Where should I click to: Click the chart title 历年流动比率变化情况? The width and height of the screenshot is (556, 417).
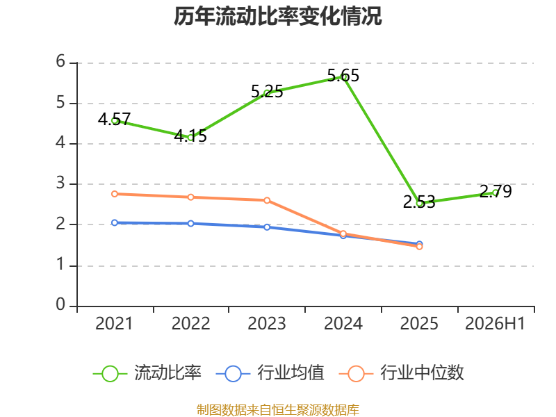[277, 16]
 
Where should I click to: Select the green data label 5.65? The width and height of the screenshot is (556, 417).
[343, 76]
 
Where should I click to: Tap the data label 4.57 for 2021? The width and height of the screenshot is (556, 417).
[114, 119]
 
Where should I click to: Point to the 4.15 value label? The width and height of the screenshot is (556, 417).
[190, 136]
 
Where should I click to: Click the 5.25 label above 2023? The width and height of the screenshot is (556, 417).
[267, 92]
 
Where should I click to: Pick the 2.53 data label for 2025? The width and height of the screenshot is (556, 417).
[419, 202]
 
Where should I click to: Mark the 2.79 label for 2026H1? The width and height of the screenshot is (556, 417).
[496, 192]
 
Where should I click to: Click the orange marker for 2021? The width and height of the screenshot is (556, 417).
[115, 194]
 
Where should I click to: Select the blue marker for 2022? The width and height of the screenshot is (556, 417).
[190, 223]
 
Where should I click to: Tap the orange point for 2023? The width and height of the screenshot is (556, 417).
[267, 200]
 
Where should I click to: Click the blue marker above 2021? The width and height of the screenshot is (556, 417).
[115, 222]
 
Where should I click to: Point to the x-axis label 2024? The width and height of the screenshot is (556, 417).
[343, 324]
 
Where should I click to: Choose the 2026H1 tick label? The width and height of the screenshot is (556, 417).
[495, 324]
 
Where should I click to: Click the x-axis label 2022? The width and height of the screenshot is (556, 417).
[190, 324]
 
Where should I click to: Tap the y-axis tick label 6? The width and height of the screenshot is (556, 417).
[60, 61]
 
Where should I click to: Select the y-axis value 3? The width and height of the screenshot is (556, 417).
[60, 183]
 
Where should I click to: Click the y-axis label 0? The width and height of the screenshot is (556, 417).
[60, 304]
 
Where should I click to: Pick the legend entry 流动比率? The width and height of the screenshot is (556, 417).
[147, 373]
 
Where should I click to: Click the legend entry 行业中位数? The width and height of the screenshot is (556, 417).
[402, 373]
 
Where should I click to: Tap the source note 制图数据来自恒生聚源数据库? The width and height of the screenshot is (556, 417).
[277, 410]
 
